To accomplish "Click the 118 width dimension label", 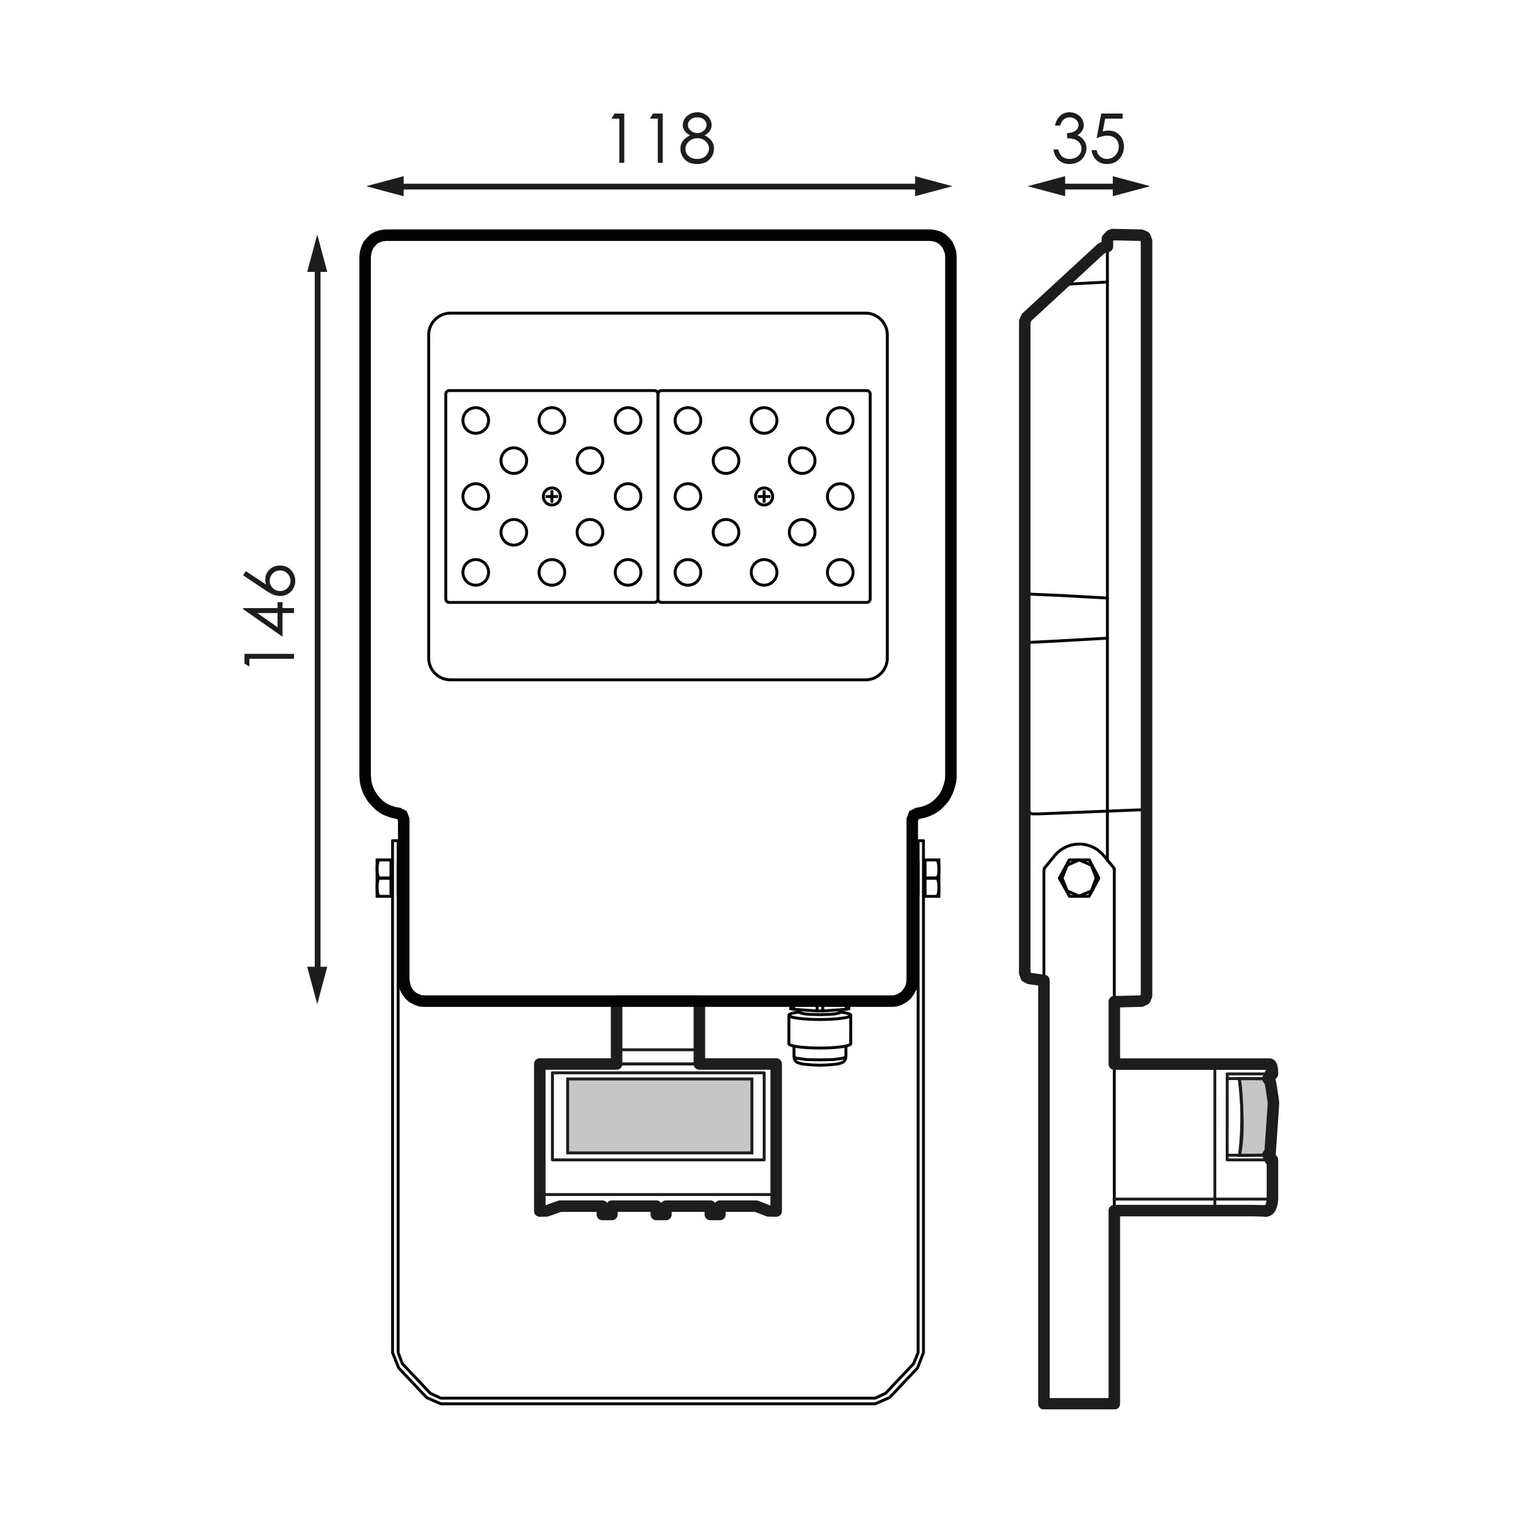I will pos(662,139).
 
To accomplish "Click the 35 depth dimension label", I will pos(1089,139).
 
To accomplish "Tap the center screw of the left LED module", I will pos(552,496).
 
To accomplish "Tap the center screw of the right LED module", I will pos(764,496).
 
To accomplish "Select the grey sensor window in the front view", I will pos(659,1116).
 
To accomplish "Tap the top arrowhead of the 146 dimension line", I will pos(317,254).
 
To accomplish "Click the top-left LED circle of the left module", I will pos(476,420).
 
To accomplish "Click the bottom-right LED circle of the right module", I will pos(840,573).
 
